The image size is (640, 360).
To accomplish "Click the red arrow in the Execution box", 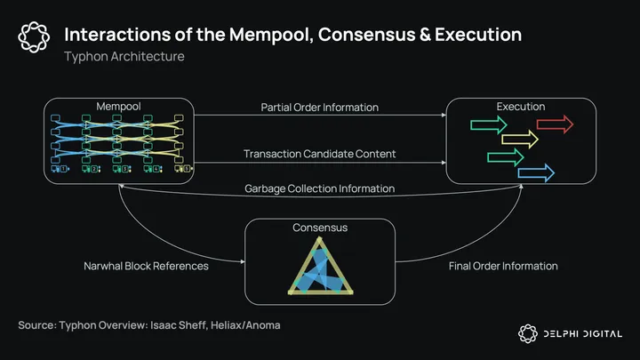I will tap(555, 124).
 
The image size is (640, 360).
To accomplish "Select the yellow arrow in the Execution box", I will tap(520, 139).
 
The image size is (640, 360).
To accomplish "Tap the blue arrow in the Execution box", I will tap(536, 172).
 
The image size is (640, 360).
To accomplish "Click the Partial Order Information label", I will tap(319, 108).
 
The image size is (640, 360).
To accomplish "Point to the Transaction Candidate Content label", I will tap(320, 154).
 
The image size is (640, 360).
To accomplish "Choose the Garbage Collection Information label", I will tap(320, 188).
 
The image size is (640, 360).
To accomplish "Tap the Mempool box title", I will tap(119, 107).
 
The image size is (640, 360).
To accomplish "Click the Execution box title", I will tap(520, 107).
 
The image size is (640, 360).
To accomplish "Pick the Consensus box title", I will tap(320, 228).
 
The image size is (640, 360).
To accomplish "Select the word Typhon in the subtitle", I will tap(86, 57).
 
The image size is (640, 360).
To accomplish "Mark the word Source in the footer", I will tap(38, 325).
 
